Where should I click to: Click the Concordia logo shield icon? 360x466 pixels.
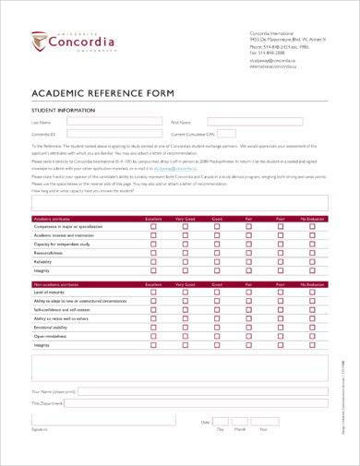pos(38,42)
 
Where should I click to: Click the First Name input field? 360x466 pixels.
pos(255,121)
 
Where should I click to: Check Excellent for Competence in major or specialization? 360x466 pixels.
pos(154,226)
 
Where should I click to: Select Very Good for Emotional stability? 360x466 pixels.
pos(185,327)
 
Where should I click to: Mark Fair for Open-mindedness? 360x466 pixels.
pos(247,335)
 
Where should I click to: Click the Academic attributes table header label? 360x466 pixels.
pos(54,218)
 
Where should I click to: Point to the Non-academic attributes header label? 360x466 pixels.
pos(59,283)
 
